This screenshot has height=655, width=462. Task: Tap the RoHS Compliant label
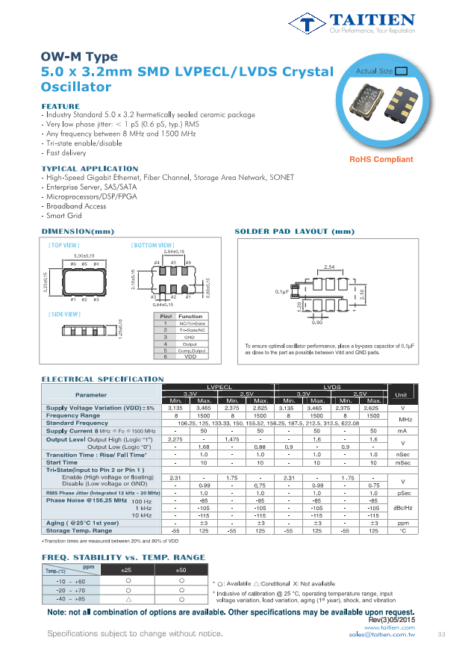381,160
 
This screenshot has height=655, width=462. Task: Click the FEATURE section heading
60,107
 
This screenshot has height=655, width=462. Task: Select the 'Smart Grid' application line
63,214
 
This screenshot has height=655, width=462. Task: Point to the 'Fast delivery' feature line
66,152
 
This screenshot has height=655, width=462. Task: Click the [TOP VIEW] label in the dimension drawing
63,245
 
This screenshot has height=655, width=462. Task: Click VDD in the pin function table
190,357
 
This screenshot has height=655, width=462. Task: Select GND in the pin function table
190,337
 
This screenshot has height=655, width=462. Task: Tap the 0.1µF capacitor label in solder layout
281,291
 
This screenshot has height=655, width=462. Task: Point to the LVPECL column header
220,386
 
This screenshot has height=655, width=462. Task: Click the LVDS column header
331,386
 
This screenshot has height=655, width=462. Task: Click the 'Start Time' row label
63,462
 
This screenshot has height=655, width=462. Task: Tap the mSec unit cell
402,462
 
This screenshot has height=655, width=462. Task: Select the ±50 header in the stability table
181,571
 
